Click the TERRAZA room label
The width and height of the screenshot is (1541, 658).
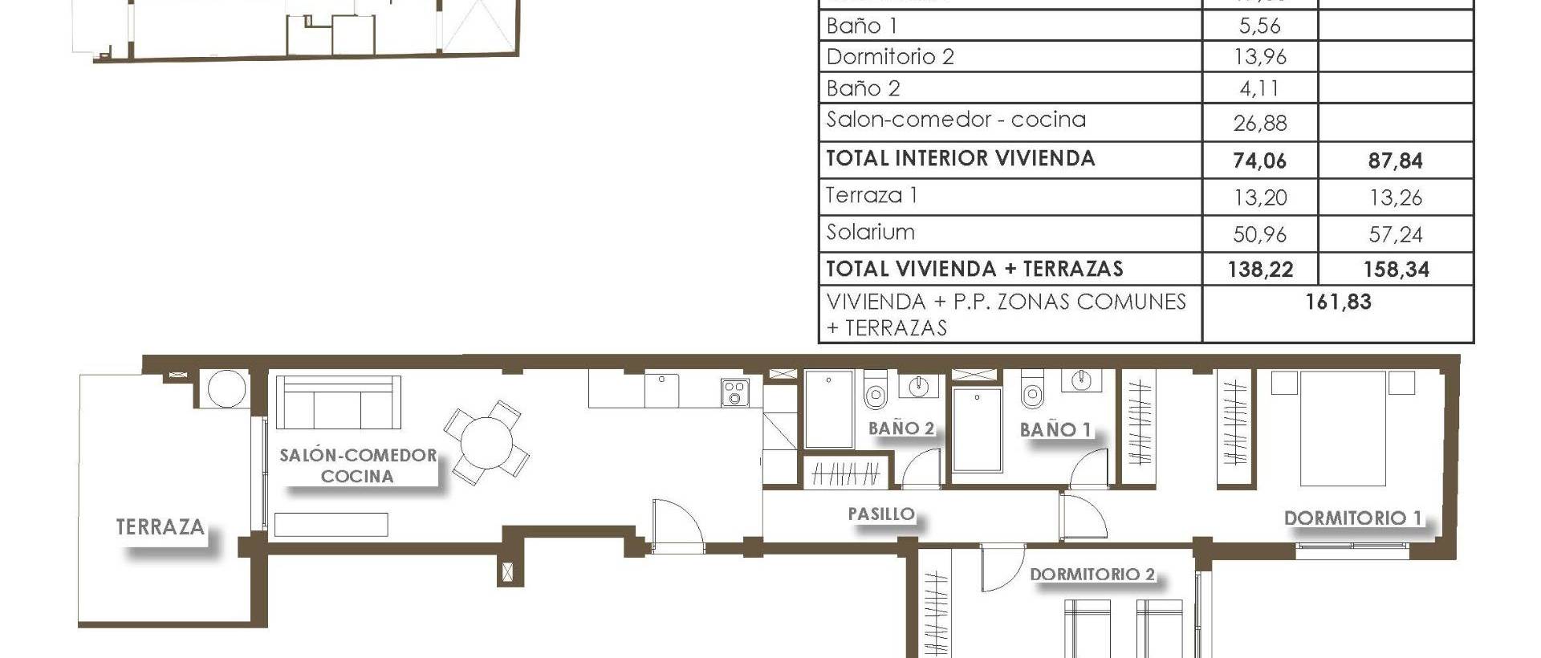(161, 527)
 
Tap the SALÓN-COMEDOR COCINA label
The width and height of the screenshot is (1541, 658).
(358, 465)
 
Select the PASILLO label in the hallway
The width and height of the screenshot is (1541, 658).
(881, 514)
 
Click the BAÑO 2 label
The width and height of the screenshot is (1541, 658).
(901, 429)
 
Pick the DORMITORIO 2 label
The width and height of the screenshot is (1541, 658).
(1092, 575)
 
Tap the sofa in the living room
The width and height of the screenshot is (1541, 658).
(338, 403)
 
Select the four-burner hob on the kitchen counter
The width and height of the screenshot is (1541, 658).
(734, 393)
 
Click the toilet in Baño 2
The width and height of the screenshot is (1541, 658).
(875, 391)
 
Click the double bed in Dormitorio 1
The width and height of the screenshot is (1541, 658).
(1343, 429)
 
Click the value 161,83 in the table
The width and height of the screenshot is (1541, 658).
(1338, 303)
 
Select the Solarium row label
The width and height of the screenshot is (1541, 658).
(871, 233)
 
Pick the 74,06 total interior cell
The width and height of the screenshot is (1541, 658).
(1259, 161)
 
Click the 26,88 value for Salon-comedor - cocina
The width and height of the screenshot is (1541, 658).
(1259, 124)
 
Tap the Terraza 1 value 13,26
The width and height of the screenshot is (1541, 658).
(1395, 197)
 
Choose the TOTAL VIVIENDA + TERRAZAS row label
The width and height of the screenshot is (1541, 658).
(974, 269)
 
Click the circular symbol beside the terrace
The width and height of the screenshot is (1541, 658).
(226, 389)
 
